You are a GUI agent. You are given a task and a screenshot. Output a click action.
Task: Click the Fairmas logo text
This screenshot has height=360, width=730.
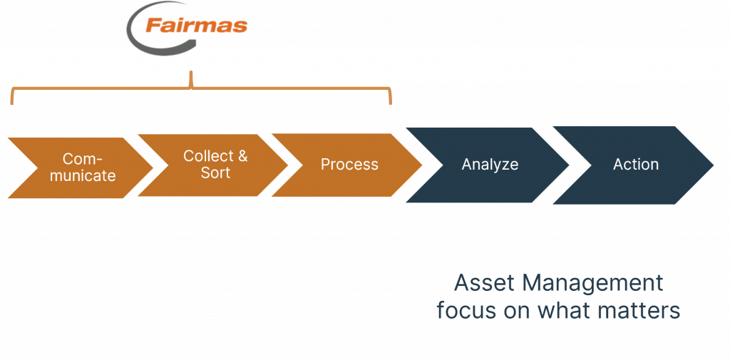196,25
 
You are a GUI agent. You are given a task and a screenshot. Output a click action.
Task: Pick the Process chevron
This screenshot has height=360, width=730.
347,165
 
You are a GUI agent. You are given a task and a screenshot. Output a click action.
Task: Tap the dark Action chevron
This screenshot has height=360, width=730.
633,165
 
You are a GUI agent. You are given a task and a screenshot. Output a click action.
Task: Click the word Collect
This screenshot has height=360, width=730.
208,156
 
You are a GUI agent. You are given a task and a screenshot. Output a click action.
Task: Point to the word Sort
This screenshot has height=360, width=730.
215,173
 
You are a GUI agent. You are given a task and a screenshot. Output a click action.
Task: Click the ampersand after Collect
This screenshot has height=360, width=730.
242,156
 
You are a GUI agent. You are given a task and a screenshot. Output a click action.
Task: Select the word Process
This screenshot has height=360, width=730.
349,165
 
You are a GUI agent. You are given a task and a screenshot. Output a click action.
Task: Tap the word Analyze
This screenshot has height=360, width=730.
490,165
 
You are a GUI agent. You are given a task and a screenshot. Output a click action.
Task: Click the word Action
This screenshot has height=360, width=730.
636,165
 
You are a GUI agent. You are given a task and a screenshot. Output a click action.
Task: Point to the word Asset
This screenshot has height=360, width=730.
479,283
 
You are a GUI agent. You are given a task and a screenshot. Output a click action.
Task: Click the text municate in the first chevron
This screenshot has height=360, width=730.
83,176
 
